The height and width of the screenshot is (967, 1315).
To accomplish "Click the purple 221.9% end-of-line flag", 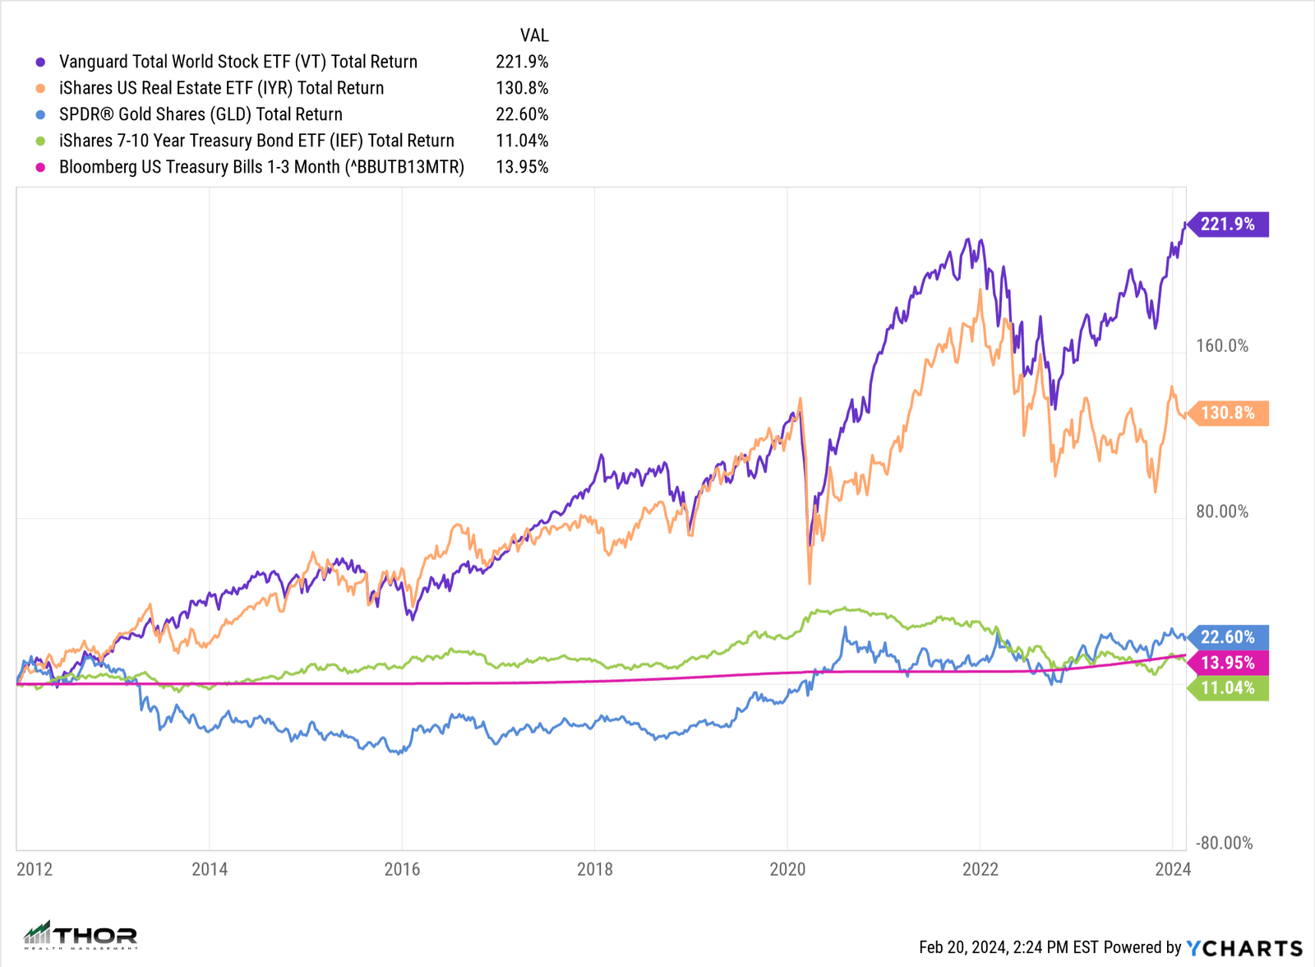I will point(1228,224).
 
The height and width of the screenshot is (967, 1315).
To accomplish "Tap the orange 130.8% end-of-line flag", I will point(1228,413).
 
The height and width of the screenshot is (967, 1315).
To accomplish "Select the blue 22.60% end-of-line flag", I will point(1228,637).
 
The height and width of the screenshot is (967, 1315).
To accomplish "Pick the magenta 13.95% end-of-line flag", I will point(1228,663).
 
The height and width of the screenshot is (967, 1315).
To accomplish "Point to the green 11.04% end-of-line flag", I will point(1228,688).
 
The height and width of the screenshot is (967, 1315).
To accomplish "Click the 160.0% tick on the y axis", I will point(1222,346).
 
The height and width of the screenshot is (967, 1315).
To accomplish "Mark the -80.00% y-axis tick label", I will point(1224,843).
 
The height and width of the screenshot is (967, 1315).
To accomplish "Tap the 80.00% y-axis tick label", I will point(1222,511).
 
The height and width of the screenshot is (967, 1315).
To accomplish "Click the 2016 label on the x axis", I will point(402,869).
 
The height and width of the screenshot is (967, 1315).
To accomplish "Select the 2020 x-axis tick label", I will point(787,869).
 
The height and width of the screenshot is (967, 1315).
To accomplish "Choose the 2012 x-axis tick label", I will point(35,869).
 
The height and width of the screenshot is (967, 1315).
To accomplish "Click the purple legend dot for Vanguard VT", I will point(40,62).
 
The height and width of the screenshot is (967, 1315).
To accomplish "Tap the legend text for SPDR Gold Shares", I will point(201,114).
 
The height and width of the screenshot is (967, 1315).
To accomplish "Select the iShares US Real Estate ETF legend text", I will point(221,88).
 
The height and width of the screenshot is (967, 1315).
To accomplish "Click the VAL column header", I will point(533,35).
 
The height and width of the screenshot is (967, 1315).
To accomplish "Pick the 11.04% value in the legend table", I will point(522,141).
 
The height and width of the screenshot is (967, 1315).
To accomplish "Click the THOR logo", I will point(81,935).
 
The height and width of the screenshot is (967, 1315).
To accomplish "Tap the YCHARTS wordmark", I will point(1244,948).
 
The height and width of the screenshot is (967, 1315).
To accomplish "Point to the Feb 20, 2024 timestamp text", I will point(1008,948).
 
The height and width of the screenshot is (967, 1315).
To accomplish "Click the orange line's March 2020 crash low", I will point(810,582).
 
